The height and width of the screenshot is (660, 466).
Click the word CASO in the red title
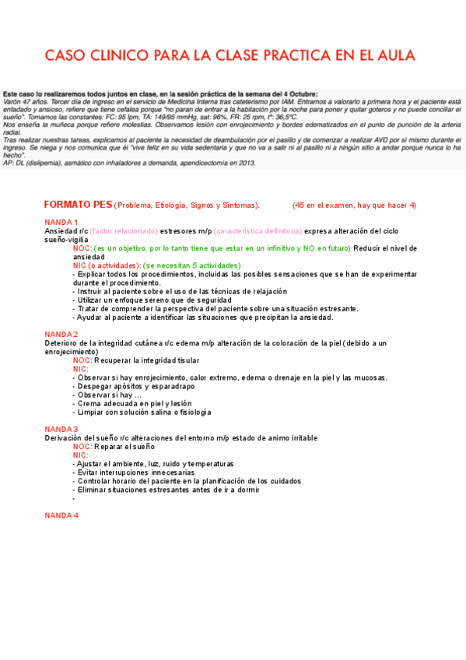tap(65, 55)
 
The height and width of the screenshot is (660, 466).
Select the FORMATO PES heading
tap(78, 205)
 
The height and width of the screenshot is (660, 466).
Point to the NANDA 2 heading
tap(61, 335)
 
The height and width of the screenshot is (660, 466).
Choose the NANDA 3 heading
tap(61, 430)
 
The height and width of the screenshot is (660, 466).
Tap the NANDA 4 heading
tap(61, 516)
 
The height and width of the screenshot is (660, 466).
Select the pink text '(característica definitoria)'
tap(258, 231)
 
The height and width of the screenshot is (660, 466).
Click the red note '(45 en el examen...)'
tap(354, 205)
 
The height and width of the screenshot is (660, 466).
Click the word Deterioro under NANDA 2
tap(61, 343)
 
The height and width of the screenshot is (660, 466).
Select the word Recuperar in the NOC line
tap(114, 360)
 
